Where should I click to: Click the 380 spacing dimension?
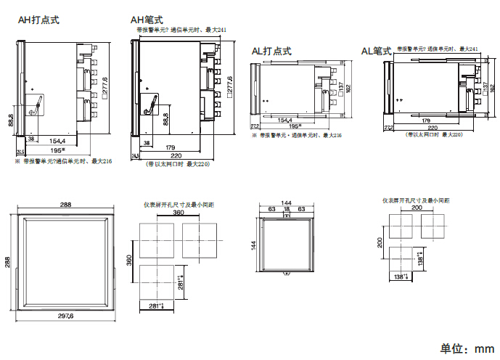coord(178,214)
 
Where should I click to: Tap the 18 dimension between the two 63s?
coord(286,209)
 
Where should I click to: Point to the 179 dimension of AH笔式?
coord(170,147)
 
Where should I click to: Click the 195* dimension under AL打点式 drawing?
coord(295,126)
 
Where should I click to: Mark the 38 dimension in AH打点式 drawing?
coord(31,137)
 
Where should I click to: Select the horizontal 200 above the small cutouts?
coord(417,208)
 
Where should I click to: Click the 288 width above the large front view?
coord(65,205)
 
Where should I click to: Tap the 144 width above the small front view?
coord(286,202)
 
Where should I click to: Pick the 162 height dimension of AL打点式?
coord(348,88)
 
